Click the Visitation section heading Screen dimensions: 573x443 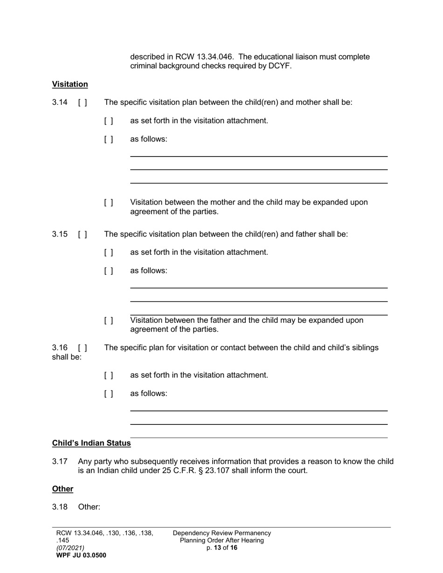[70, 84]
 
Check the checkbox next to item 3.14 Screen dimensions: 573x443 [83, 102]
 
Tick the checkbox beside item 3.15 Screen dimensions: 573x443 [83, 234]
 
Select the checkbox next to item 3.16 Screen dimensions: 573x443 [83, 348]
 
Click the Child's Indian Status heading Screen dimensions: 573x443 [91, 443]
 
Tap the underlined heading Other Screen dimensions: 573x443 [62, 489]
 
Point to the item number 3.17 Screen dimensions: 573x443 [60, 462]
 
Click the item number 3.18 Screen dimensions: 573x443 [60, 507]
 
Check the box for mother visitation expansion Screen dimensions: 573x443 [109, 203]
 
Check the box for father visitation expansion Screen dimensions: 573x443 [109, 321]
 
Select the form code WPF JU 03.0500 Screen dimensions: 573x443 [81, 555]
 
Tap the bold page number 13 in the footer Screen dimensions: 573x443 [217, 548]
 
